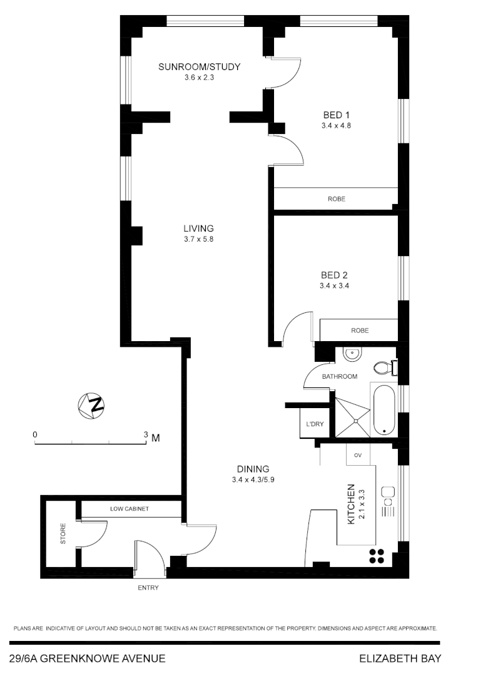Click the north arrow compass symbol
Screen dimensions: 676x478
(x=91, y=405)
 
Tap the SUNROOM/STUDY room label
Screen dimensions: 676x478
(x=199, y=67)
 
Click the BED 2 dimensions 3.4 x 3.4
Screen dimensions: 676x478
(x=334, y=285)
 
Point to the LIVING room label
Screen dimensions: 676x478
(x=198, y=228)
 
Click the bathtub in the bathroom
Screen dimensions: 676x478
(x=384, y=410)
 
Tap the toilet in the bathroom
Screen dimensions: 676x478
(x=382, y=367)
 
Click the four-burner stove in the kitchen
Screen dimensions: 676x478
(x=377, y=556)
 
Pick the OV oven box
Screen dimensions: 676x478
(x=358, y=454)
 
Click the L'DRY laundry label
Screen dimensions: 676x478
(x=315, y=424)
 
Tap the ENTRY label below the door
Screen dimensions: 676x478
(x=148, y=588)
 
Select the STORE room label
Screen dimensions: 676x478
(x=63, y=538)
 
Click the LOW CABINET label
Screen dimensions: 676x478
(x=130, y=509)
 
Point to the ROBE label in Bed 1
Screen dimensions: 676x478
(x=336, y=199)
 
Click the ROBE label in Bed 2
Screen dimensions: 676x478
(x=360, y=330)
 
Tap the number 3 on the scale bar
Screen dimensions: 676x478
(x=146, y=434)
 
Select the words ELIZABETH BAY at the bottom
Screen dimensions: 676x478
(x=400, y=658)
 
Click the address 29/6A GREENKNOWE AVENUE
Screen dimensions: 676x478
(x=88, y=658)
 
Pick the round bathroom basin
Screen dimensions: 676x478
(x=352, y=354)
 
